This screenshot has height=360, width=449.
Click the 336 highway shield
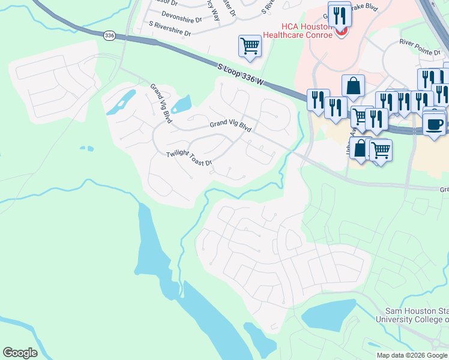coord(109,36)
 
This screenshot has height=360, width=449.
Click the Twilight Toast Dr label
coord(189,158)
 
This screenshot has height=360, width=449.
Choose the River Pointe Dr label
coord(420,47)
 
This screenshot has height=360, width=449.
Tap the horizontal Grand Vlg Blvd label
coord(230,125)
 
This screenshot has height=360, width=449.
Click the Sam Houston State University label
coord(412,314)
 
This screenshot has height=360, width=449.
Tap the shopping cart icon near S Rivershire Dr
coord(249,46)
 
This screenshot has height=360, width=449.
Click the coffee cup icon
coord(434,124)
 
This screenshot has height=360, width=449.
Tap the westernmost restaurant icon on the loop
coord(318,98)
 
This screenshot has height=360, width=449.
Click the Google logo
coord(20,353)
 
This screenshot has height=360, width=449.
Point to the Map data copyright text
coord(412,355)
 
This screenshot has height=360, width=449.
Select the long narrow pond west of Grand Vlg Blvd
coord(121,102)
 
